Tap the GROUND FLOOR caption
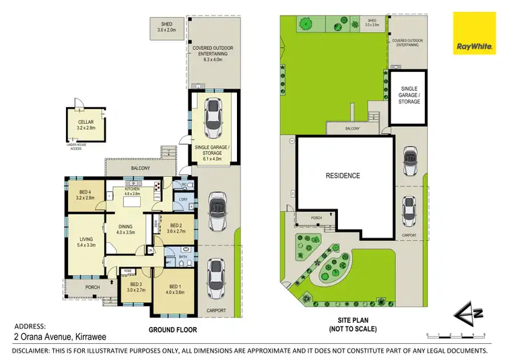click(172, 330)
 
